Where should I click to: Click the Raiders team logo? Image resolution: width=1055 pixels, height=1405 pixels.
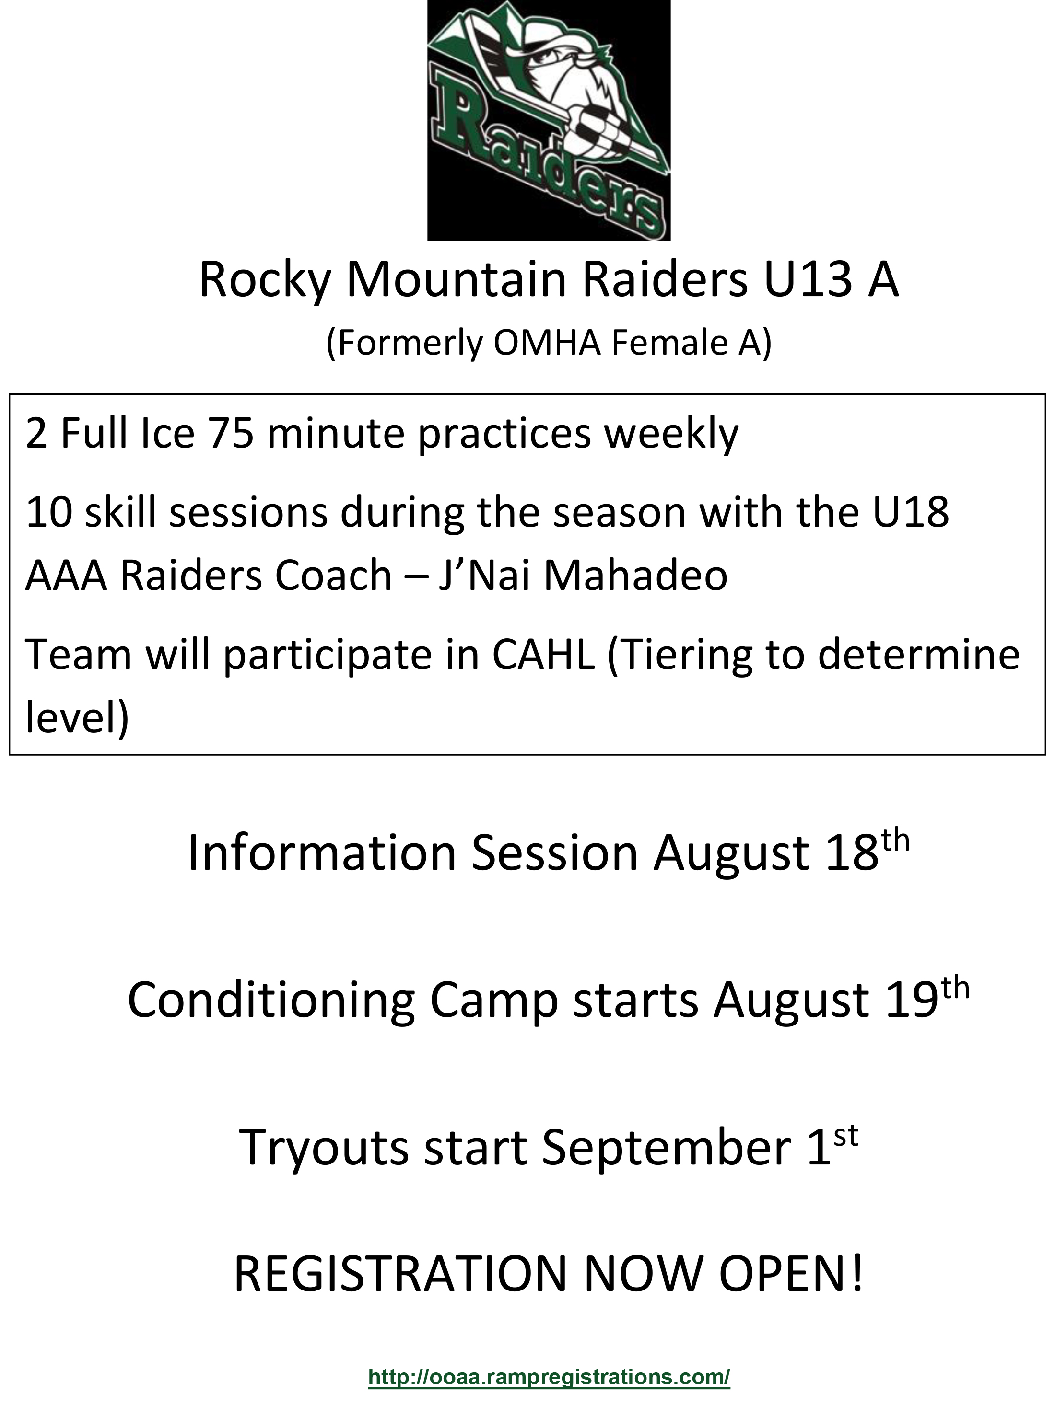coord(549,120)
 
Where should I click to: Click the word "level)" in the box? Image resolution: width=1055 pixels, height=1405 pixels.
coord(77,718)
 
